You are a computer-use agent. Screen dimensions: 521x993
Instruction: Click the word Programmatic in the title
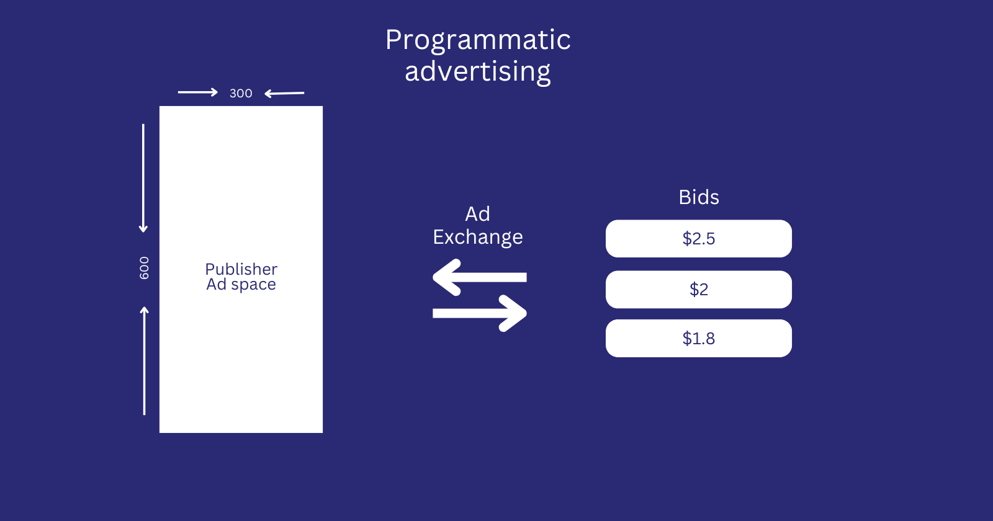click(x=477, y=40)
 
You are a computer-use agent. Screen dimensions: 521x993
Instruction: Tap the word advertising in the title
click(x=477, y=72)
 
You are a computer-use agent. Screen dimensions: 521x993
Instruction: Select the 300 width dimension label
click(x=241, y=94)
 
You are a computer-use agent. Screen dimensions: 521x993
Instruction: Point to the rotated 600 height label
click(x=144, y=268)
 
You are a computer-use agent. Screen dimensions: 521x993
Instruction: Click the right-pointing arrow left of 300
click(x=197, y=92)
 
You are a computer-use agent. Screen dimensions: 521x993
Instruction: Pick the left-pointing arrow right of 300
click(x=284, y=94)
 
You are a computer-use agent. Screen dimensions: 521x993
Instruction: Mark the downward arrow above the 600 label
click(x=143, y=179)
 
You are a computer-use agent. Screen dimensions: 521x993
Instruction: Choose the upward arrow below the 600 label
click(x=145, y=361)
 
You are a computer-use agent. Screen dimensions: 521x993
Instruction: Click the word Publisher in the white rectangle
click(x=241, y=269)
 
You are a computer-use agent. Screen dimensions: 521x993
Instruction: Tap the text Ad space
click(x=241, y=285)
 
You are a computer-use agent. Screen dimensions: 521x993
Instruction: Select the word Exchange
click(x=477, y=237)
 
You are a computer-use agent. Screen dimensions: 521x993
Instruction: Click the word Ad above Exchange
click(x=477, y=214)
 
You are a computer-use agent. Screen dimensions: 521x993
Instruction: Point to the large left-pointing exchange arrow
click(x=479, y=277)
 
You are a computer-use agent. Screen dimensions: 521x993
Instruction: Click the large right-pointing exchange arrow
click(x=479, y=313)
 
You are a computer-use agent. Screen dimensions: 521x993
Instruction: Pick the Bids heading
click(x=698, y=197)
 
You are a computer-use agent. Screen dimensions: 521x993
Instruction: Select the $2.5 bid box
click(x=698, y=239)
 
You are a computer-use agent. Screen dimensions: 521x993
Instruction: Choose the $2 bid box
click(x=698, y=290)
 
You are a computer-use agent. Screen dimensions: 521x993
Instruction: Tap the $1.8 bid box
click(x=698, y=339)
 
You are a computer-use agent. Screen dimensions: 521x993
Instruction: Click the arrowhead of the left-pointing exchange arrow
click(x=446, y=277)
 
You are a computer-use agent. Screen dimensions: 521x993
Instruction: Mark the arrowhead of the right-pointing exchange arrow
click(x=514, y=313)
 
